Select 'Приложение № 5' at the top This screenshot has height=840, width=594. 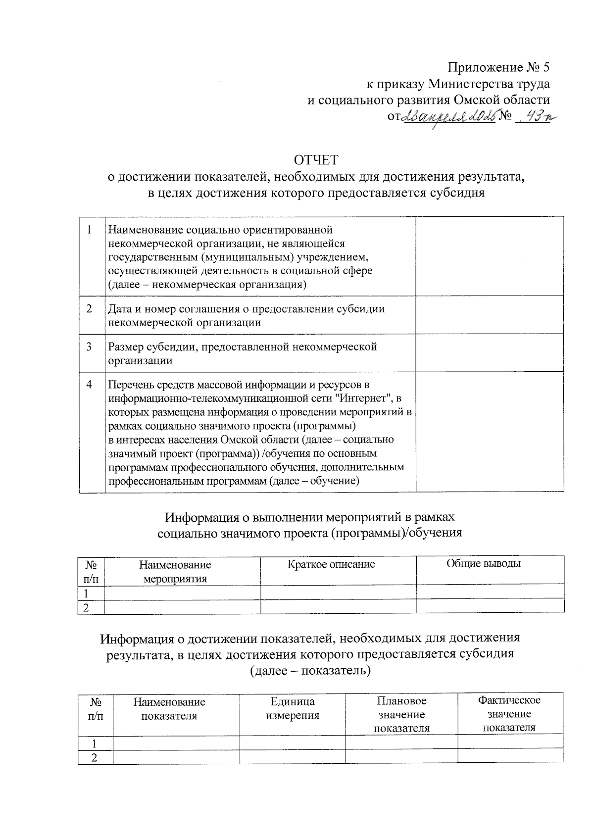coord(499,67)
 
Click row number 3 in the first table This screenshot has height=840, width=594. coord(89,347)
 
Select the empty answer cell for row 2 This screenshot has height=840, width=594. coord(489,315)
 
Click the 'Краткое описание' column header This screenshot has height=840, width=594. coord(331,564)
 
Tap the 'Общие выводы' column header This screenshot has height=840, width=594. coord(484,563)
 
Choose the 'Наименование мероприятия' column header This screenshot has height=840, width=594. coord(175,572)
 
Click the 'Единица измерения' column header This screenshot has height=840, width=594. coord(293,708)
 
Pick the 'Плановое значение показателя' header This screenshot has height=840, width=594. coord(401,714)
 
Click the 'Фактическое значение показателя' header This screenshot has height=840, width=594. coord(509,714)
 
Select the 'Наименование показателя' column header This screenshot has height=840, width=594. coord(169,709)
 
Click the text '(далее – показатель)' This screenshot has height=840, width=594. coord(309,671)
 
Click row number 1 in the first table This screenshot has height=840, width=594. coord(89,230)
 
